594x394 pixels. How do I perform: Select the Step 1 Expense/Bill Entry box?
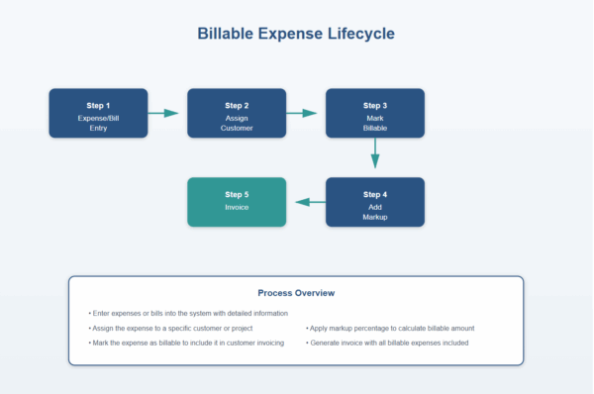click(x=98, y=113)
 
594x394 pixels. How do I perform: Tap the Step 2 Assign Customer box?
click(x=237, y=113)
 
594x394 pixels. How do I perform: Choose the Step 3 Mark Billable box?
click(x=375, y=113)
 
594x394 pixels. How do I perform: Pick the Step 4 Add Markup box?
click(x=375, y=202)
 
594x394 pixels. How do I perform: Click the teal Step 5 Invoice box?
click(x=237, y=202)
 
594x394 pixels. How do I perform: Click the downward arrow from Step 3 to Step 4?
click(x=375, y=152)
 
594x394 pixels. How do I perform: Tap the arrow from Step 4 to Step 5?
click(x=310, y=202)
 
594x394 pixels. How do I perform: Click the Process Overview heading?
click(x=296, y=293)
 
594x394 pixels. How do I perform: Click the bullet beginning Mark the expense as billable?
click(x=186, y=343)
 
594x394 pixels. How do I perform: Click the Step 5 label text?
click(x=237, y=194)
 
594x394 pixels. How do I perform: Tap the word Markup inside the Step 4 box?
click(x=375, y=216)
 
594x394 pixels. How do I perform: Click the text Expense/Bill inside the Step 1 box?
click(x=98, y=117)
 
